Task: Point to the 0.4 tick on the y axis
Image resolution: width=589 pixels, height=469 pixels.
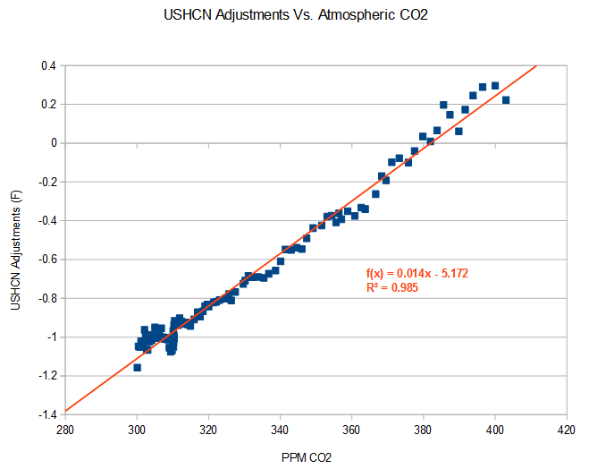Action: point(46,65)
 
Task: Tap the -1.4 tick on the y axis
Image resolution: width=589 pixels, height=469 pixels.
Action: point(44,414)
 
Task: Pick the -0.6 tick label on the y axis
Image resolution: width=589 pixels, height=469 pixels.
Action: point(44,260)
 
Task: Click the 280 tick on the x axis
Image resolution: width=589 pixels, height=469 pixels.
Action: point(65,429)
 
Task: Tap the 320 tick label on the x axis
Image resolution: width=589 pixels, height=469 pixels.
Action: point(208,429)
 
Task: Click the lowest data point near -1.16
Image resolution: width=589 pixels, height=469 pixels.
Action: point(138,367)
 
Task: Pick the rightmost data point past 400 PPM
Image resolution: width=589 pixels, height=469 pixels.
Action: point(506,100)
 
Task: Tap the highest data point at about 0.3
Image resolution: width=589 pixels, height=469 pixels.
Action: point(494,86)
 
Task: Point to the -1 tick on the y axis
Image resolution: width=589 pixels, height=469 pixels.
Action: point(49,337)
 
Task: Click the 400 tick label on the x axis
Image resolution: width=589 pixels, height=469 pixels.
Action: point(495,429)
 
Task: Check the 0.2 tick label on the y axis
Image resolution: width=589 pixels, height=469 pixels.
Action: point(46,104)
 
